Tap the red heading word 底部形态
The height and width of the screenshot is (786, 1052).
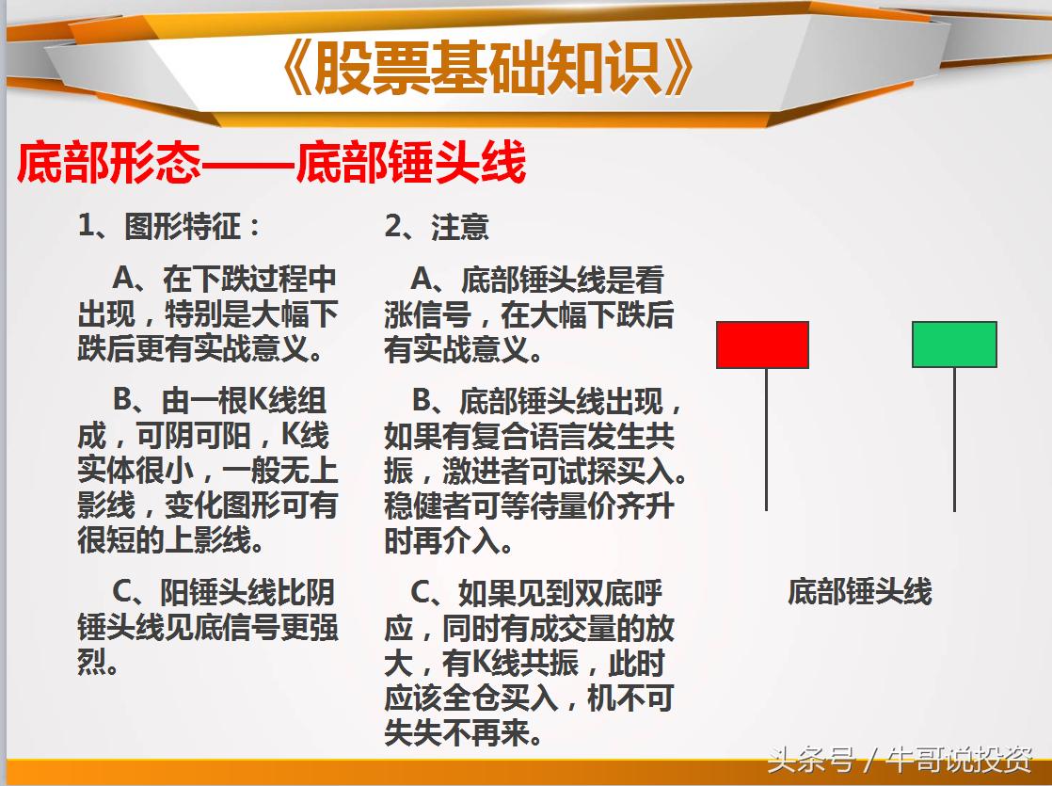(x=108, y=164)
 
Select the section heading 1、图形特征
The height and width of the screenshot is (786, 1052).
(x=169, y=226)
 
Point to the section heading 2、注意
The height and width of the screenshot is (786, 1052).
(x=437, y=226)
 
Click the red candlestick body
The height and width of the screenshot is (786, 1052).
(x=762, y=345)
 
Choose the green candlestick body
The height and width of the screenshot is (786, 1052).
(x=954, y=345)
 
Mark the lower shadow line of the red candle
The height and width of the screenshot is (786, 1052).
(x=766, y=439)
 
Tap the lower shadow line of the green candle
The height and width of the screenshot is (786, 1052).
(x=954, y=439)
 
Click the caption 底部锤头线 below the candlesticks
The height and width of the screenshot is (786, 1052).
(x=859, y=591)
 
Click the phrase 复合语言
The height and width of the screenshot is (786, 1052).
(x=518, y=437)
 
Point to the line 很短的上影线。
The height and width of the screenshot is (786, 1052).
(x=170, y=541)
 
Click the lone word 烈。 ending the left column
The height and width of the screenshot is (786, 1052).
(x=98, y=663)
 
